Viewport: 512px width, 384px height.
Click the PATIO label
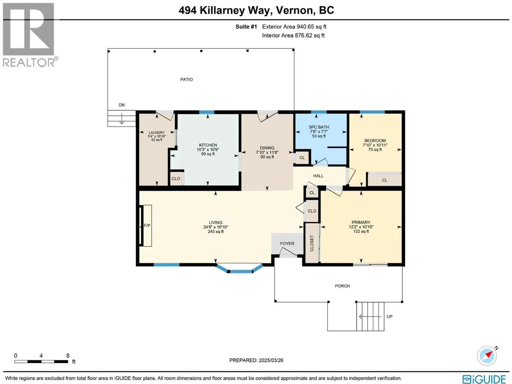pyautogui.click(x=186, y=79)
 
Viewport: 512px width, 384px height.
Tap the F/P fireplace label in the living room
pyautogui.click(x=147, y=226)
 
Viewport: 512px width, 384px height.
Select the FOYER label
pyautogui.click(x=287, y=244)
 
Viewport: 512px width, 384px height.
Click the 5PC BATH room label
pyautogui.click(x=319, y=127)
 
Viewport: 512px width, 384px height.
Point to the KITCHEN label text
pyautogui.click(x=208, y=145)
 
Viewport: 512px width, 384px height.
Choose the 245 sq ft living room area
pyautogui.click(x=216, y=231)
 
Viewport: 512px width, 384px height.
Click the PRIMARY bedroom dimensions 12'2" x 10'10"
pyautogui.click(x=361, y=227)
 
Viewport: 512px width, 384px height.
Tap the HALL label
pyautogui.click(x=318, y=176)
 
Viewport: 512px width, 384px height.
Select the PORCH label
pyautogui.click(x=342, y=286)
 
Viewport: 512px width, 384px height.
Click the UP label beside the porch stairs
pyautogui.click(x=389, y=316)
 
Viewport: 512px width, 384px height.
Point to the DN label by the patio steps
pyautogui.click(x=122, y=105)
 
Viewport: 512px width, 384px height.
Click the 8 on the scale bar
pyautogui.click(x=68, y=356)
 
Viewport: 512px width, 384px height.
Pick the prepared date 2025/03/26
pyautogui.click(x=271, y=360)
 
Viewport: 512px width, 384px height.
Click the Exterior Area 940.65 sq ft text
pyautogui.click(x=294, y=27)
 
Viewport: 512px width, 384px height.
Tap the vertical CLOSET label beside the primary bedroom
pyautogui.click(x=312, y=243)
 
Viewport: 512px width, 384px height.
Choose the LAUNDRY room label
pyautogui.click(x=156, y=132)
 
